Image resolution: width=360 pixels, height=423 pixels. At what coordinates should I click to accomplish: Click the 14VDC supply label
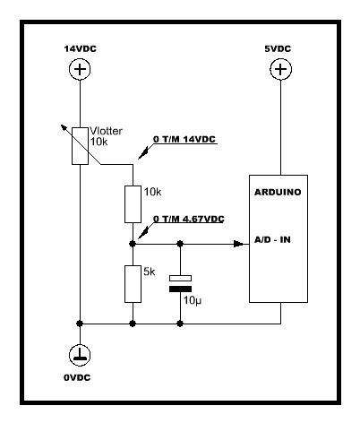(x=81, y=48)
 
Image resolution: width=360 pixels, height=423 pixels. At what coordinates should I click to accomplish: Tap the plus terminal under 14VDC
(x=80, y=69)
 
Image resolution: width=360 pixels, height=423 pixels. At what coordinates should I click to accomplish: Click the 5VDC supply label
(x=278, y=48)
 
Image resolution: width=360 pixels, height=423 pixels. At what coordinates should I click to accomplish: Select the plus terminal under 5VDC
(x=280, y=69)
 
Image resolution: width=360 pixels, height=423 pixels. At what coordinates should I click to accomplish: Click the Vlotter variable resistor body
(x=80, y=146)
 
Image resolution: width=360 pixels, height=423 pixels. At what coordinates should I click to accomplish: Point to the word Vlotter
(x=106, y=131)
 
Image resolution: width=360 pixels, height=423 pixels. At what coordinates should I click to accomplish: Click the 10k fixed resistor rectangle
(x=133, y=204)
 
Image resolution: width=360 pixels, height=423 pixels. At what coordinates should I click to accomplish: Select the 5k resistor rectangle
(x=133, y=284)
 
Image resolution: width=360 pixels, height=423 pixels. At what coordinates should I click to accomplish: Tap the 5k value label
(x=150, y=272)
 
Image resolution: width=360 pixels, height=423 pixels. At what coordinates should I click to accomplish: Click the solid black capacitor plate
(x=180, y=289)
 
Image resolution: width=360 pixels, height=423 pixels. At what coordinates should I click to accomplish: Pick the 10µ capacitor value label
(x=193, y=300)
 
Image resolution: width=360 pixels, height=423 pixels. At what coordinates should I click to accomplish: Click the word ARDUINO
(x=278, y=192)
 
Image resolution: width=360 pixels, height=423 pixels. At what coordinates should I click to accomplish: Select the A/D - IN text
(x=272, y=239)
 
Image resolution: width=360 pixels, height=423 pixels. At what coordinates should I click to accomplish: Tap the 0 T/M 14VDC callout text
(x=184, y=139)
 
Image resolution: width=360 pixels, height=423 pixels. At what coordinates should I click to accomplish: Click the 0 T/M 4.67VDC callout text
(x=189, y=219)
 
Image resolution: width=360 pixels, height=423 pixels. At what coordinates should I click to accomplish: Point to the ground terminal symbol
(x=80, y=355)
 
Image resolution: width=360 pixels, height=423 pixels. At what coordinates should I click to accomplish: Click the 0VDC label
(x=77, y=377)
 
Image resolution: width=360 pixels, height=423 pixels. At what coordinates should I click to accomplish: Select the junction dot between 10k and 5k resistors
(x=133, y=244)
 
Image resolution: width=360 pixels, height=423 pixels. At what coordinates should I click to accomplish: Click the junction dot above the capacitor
(x=180, y=244)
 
